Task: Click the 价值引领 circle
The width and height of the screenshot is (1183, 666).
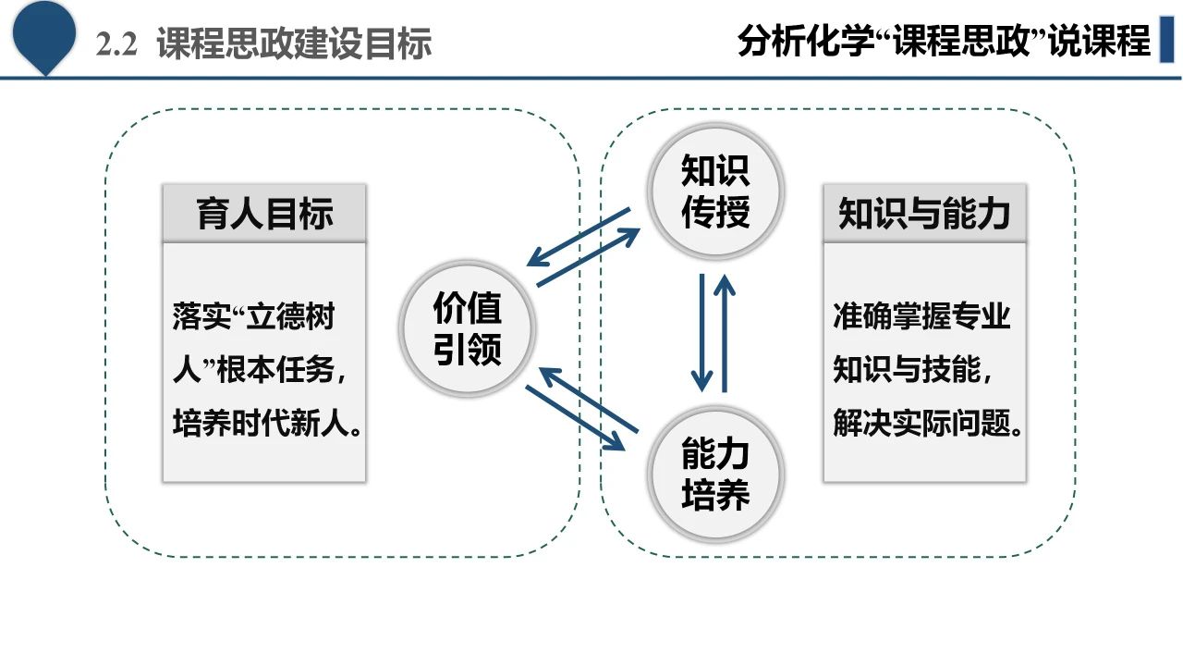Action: tap(468, 325)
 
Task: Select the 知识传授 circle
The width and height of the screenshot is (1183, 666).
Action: tap(715, 192)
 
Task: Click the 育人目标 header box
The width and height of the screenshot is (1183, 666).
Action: tap(264, 214)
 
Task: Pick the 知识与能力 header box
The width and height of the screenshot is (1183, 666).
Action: tap(924, 214)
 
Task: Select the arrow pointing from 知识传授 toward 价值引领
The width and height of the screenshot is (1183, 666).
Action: tap(578, 237)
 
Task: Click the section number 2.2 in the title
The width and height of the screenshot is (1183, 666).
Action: tap(116, 43)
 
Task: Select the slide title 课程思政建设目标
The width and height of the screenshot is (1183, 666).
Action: tap(294, 43)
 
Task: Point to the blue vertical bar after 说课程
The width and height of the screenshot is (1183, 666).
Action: tap(1166, 41)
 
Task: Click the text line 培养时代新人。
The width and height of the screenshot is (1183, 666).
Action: tap(266, 425)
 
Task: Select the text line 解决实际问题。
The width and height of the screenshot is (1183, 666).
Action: tap(927, 425)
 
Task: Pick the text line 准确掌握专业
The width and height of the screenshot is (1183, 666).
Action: tap(921, 316)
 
